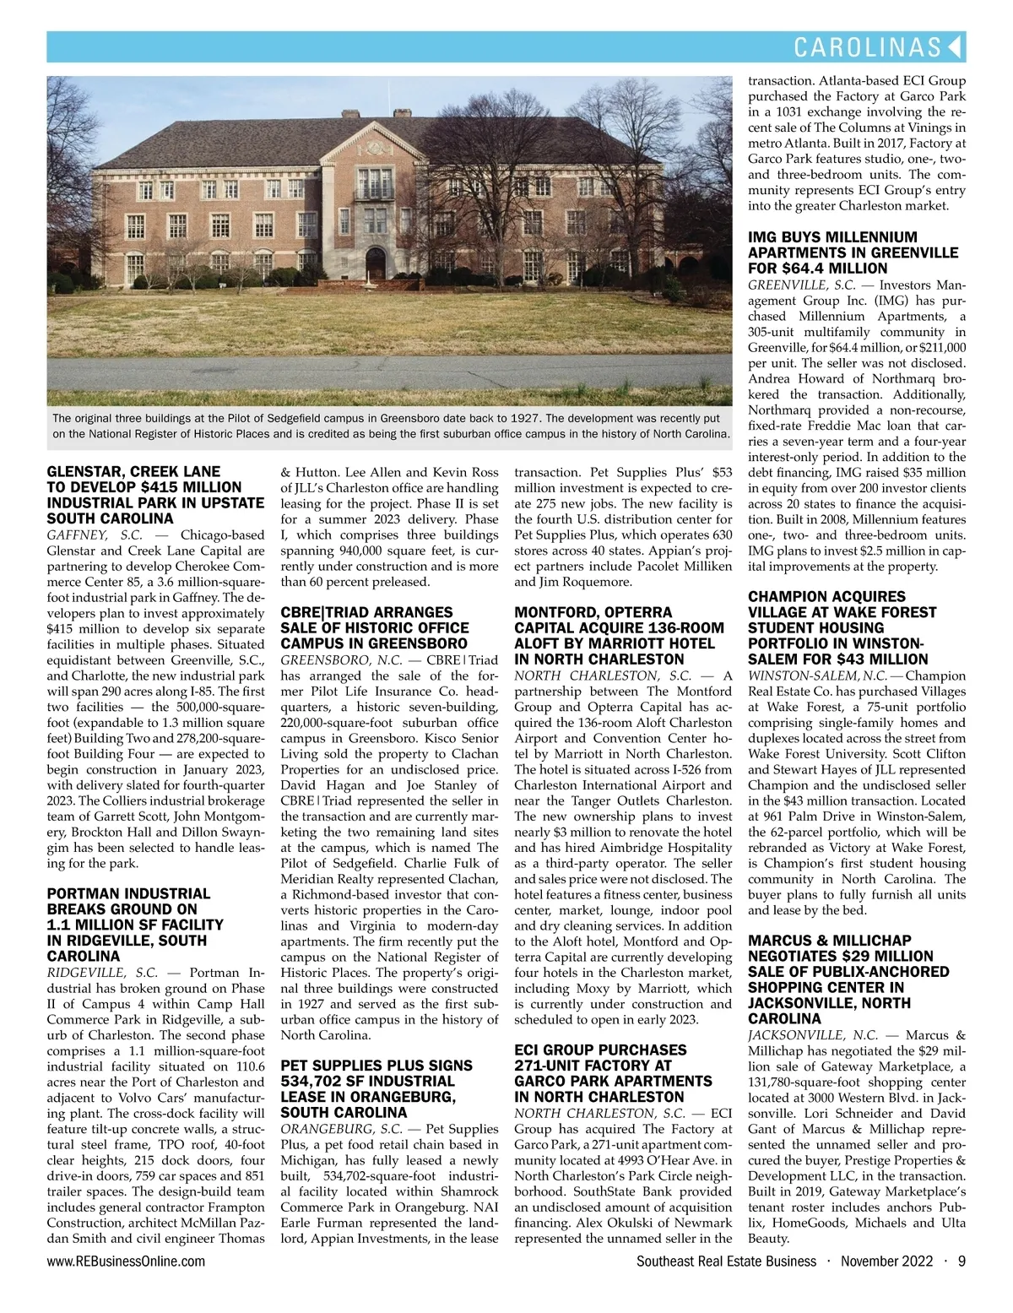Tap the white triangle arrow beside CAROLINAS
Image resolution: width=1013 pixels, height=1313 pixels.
click(x=956, y=46)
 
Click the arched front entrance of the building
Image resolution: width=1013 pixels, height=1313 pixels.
click(x=376, y=265)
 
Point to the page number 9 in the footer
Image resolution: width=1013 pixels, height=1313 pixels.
click(x=962, y=1261)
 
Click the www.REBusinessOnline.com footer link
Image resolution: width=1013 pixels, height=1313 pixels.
click(x=126, y=1261)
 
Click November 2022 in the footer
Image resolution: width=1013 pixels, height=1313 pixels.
click(x=886, y=1261)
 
